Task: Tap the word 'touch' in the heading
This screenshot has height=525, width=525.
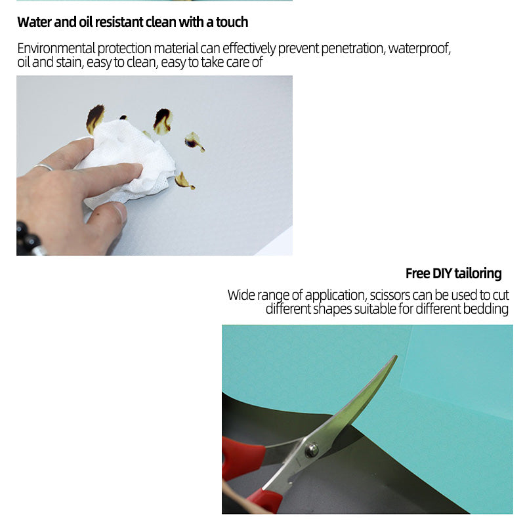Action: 232,22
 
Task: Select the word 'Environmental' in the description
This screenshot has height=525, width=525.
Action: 56,49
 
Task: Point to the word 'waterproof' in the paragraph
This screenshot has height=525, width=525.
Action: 419,49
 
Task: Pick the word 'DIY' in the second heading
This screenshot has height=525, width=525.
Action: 442,274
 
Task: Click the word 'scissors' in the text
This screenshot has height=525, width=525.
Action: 390,295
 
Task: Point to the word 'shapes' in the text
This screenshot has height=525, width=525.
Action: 332,309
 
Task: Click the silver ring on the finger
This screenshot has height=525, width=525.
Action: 43,167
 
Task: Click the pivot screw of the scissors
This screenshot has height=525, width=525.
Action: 312,450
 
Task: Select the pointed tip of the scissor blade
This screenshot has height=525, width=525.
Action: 396,356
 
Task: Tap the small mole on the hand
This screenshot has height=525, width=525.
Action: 97,214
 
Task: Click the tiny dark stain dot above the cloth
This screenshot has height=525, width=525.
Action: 123,117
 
